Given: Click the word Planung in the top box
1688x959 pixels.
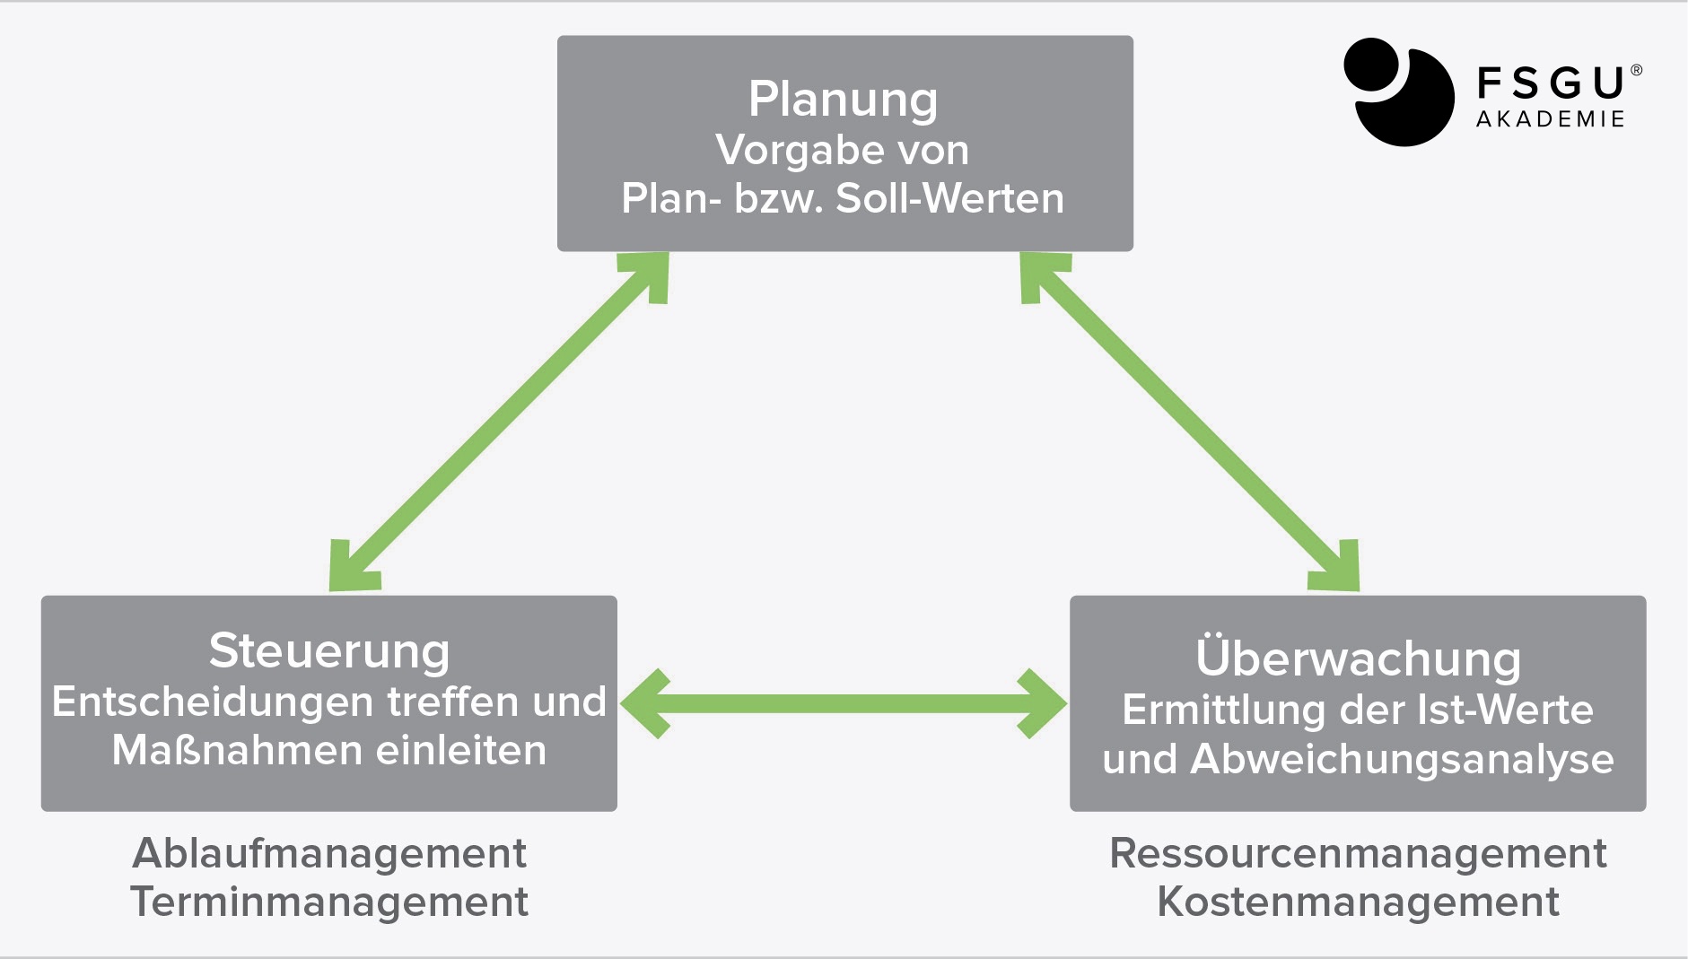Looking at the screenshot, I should point(843,100).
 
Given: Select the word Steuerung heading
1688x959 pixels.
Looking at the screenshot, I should point(329,651).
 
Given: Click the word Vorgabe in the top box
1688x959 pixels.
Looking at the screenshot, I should point(780,151).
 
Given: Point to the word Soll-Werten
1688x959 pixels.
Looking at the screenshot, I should point(949,198).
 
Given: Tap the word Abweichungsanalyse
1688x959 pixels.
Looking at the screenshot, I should point(1402,759).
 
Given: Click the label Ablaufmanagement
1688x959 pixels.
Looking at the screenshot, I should point(329,853).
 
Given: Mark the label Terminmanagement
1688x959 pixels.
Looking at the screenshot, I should point(329,902).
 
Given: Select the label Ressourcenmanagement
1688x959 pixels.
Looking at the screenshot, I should point(1358,853).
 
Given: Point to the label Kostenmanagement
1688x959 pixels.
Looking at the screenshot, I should point(1358,902).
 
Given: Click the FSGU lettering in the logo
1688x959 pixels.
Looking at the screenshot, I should point(1551,83).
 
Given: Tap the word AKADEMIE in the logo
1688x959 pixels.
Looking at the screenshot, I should point(1551,119).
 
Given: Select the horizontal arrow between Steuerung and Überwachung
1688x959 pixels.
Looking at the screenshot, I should point(844,703).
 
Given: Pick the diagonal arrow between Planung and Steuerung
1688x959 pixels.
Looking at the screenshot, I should point(499,422).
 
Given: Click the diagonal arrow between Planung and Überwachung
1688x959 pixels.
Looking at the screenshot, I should point(1190,422).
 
